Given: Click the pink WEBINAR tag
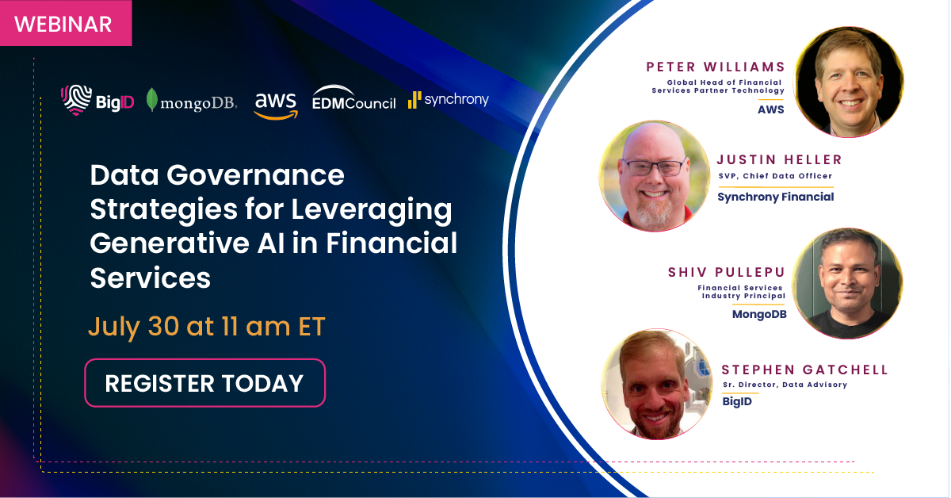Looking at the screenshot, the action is [x=65, y=23].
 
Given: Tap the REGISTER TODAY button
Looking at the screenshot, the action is [x=205, y=383].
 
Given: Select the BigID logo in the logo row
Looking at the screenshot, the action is [x=97, y=100].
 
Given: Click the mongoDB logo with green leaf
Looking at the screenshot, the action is [x=192, y=101].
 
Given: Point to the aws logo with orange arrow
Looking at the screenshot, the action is [x=276, y=105].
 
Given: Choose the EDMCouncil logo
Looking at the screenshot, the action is [x=353, y=98].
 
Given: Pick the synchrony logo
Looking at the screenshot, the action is [x=449, y=100].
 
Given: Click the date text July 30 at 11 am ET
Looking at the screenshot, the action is [x=207, y=327].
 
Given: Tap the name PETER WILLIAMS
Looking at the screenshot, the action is [x=716, y=67].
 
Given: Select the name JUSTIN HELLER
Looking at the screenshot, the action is [x=780, y=159].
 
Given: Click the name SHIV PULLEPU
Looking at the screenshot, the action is [x=727, y=272].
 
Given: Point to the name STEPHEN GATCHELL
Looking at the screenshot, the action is [x=805, y=370].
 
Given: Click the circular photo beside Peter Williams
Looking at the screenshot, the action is [x=848, y=82].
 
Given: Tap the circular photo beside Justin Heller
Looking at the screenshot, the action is [x=655, y=176].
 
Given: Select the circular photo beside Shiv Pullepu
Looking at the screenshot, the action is [x=847, y=283].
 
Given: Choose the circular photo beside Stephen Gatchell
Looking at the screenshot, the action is [x=657, y=384].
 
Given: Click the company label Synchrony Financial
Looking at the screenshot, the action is [x=776, y=197].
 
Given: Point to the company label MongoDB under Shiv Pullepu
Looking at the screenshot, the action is [x=759, y=315].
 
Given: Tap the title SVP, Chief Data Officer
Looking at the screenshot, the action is [x=775, y=176].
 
